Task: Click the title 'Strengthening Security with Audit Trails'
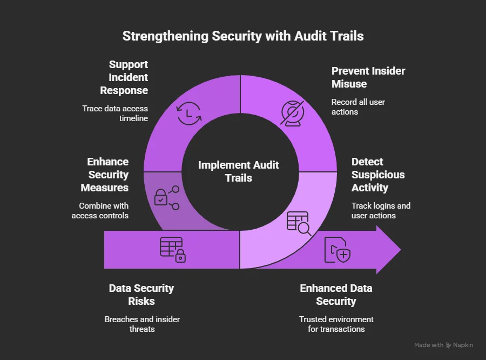click(243, 36)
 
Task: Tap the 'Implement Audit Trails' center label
click(239, 171)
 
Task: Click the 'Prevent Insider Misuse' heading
click(368, 77)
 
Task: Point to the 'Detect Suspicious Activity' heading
click(378, 175)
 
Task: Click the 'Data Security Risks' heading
click(141, 295)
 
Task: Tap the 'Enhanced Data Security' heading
click(336, 295)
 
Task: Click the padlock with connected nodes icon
click(166, 197)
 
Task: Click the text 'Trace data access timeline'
click(115, 114)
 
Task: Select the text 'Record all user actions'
click(358, 107)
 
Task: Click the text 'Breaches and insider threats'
click(142, 324)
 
